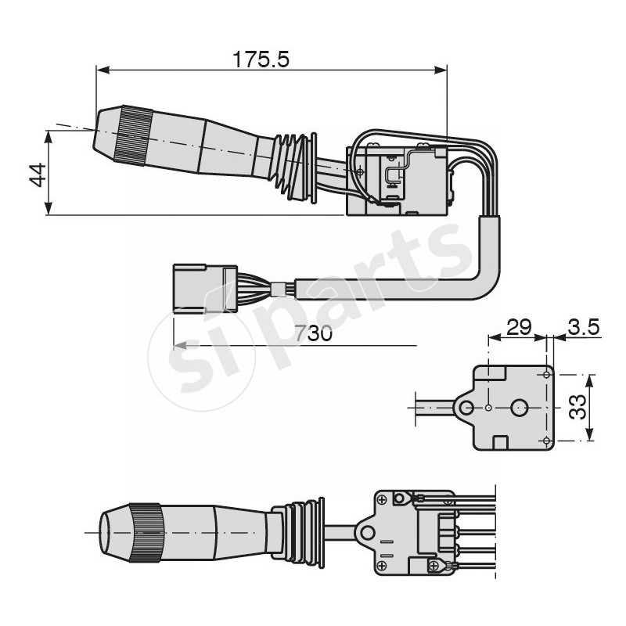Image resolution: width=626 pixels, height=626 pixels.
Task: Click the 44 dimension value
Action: pos(35,174)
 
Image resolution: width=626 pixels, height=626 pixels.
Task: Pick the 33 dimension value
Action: pos(577,407)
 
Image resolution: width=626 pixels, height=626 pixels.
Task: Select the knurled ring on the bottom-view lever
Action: pos(147,534)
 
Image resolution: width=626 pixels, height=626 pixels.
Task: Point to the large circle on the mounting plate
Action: pos(520,408)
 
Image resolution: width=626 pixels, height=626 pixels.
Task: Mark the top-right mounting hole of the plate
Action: pos(545,374)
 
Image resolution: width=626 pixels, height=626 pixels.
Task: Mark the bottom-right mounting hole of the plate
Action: pos(545,441)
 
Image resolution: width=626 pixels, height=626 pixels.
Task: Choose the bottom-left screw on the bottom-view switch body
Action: pos(382,565)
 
